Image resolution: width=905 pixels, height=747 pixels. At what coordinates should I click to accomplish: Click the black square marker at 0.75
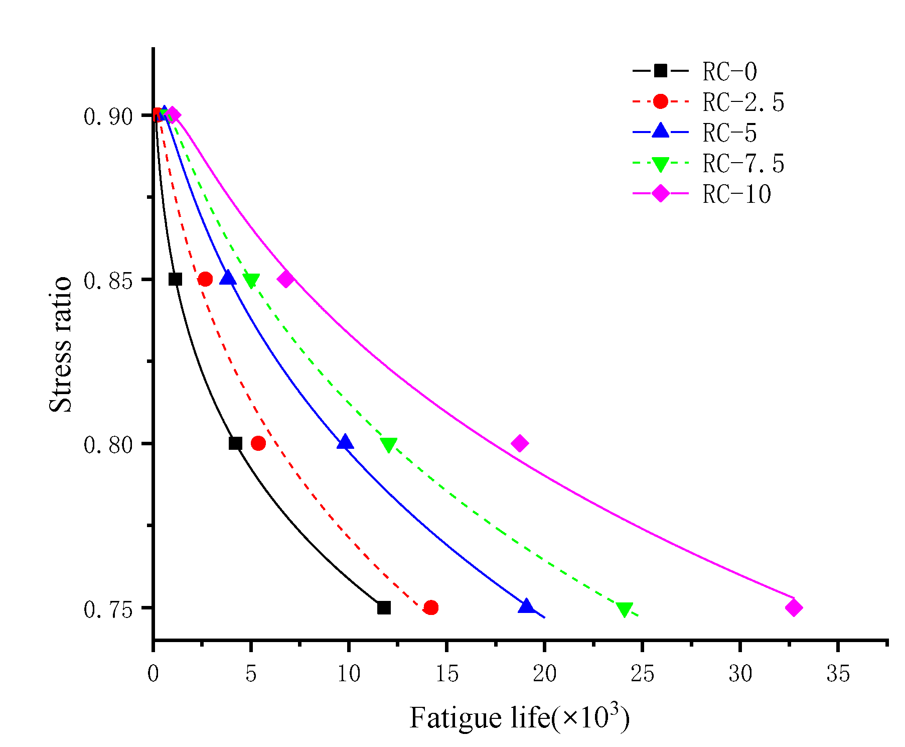point(384,607)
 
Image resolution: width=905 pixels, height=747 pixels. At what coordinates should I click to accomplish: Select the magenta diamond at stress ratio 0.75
point(794,607)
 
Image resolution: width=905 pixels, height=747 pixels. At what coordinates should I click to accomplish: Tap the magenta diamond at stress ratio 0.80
point(520,443)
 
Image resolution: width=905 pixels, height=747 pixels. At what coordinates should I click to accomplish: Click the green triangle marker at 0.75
point(624,609)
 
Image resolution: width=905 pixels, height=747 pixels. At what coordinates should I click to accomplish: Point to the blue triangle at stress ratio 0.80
point(345,442)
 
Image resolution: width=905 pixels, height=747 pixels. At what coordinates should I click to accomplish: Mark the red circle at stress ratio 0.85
point(205,279)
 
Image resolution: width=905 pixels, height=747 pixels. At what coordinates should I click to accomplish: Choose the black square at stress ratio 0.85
point(175,279)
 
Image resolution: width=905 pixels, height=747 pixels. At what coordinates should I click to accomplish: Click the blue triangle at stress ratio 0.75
point(526,606)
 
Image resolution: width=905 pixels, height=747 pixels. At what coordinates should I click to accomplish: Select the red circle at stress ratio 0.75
point(431,607)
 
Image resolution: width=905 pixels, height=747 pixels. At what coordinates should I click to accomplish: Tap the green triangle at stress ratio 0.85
point(251,280)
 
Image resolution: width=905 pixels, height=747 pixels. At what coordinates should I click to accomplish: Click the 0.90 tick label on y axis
point(108,116)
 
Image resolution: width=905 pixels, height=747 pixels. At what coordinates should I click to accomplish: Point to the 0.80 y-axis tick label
point(108,444)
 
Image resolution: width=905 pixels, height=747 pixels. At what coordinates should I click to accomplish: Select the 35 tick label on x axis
point(838,674)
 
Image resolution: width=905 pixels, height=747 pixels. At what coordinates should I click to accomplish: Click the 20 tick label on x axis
point(544,674)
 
